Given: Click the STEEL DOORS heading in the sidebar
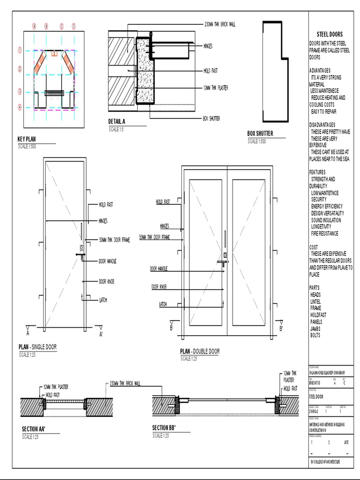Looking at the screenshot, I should point(330,34).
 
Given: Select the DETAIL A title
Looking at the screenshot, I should point(117,122).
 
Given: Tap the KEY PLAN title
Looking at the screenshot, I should point(27,139).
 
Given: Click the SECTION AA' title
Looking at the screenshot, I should point(34,429).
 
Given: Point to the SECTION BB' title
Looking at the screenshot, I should point(164,427).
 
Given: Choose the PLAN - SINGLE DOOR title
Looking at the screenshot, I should point(37,347).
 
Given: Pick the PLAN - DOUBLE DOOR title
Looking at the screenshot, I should point(200,352).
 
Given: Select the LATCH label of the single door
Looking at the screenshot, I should point(103,300).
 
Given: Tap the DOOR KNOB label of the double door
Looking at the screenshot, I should point(159,287).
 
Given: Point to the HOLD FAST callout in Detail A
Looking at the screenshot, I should point(210,71).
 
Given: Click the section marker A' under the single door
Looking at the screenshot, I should point(101,334).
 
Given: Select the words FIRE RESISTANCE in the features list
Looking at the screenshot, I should point(324,233).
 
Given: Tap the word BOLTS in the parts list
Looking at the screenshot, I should point(315,336).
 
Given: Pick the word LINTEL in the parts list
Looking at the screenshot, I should point(315,302).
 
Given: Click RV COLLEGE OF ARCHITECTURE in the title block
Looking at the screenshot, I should point(326,462).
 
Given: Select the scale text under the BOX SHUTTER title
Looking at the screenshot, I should point(256,141).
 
